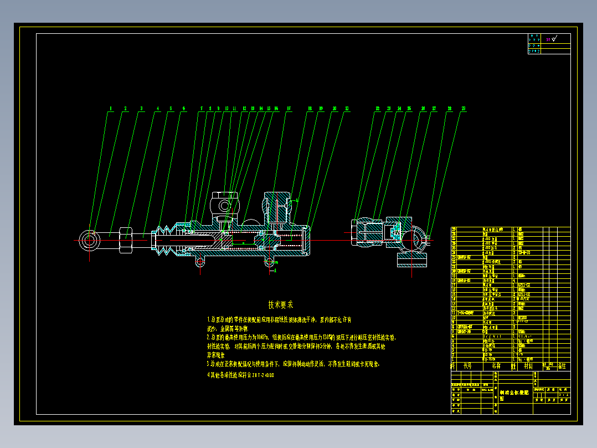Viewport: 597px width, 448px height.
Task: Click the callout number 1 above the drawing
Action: pos(111,109)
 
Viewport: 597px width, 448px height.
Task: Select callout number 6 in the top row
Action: pos(184,109)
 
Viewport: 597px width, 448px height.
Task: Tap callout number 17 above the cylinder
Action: pos(289,109)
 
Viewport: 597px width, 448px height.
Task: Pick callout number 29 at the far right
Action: pos(463,109)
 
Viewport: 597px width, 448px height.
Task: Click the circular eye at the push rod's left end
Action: pos(89,240)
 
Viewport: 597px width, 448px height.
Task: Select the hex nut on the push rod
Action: pos(126,240)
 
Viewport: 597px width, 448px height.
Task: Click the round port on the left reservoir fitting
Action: pos(225,205)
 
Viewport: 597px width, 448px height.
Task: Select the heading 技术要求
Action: pos(281,304)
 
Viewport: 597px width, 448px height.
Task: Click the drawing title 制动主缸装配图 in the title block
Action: pos(514,395)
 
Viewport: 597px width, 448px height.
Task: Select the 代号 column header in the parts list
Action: pos(467,366)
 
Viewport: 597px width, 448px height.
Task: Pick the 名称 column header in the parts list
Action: pos(496,366)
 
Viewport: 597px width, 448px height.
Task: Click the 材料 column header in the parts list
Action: pos(528,366)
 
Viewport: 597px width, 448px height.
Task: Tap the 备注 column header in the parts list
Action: pos(563,366)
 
